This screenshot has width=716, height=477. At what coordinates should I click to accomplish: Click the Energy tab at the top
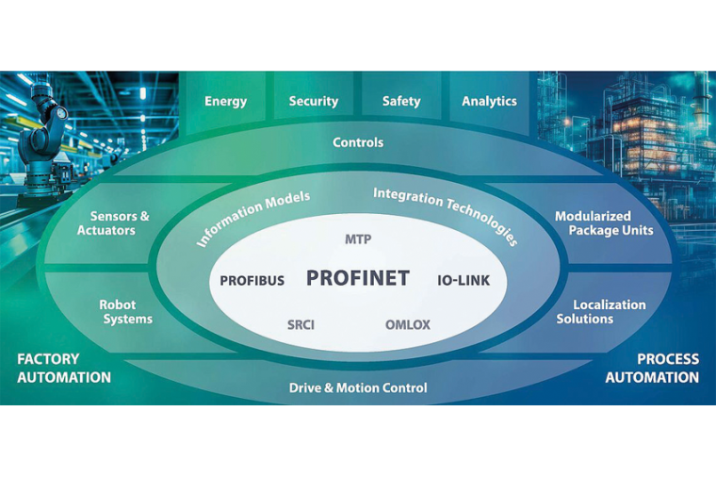pyautogui.click(x=226, y=101)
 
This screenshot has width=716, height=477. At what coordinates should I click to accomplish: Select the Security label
pyautogui.click(x=314, y=101)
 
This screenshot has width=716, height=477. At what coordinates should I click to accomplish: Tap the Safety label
pyautogui.click(x=401, y=101)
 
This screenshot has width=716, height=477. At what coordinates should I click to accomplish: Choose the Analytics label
pyautogui.click(x=489, y=101)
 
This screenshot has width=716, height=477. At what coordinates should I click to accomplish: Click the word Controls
pyautogui.click(x=358, y=142)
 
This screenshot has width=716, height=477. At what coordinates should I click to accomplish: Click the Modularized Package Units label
pyautogui.click(x=604, y=223)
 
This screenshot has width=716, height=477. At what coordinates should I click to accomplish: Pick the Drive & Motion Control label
pyautogui.click(x=358, y=387)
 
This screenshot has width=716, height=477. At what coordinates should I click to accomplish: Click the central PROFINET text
pyautogui.click(x=358, y=278)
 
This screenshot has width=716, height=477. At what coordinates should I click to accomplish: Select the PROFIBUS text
pyautogui.click(x=252, y=281)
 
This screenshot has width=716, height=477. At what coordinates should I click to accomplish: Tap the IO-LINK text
pyautogui.click(x=464, y=281)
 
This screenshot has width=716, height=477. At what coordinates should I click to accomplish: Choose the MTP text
pyautogui.click(x=358, y=239)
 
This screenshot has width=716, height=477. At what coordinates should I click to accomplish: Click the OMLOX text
pyautogui.click(x=408, y=325)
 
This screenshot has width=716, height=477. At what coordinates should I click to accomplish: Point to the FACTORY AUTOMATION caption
pyautogui.click(x=64, y=369)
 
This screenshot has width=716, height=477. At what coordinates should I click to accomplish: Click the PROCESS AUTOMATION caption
pyautogui.click(x=652, y=369)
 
